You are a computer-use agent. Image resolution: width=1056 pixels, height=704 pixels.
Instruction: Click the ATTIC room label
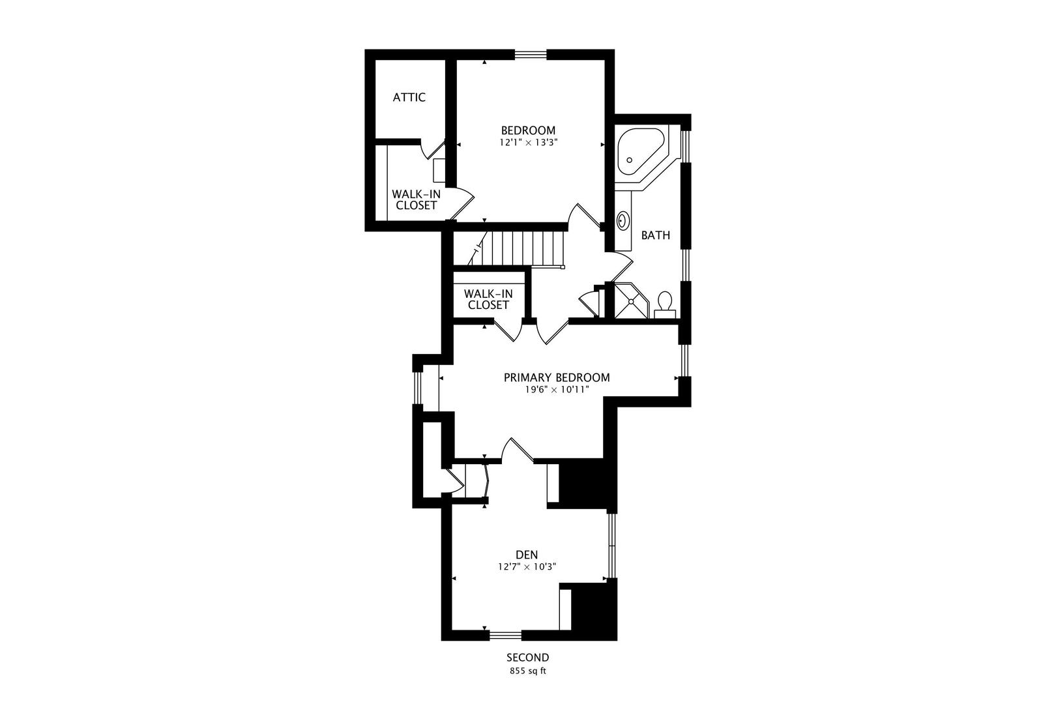coord(409,97)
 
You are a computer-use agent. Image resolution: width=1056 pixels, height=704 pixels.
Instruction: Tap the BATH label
coord(655,235)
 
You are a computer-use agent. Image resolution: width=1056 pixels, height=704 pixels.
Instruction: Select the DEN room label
coord(527,555)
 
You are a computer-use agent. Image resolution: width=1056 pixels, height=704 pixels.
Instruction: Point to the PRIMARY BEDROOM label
coord(557,377)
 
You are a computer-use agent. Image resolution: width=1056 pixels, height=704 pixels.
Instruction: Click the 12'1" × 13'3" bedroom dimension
coord(529,142)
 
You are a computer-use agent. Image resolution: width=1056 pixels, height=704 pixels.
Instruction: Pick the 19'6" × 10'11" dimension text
coord(558,390)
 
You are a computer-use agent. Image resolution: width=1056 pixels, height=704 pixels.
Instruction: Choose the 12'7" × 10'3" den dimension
coord(527,566)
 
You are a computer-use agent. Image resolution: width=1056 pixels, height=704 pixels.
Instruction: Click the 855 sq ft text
coord(528,671)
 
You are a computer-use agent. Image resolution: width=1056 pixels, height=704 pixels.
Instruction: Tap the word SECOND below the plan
coord(527,657)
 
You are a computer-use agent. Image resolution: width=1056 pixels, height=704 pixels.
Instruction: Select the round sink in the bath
coord(623,220)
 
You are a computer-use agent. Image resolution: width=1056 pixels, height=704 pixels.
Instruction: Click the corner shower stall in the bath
coord(631,301)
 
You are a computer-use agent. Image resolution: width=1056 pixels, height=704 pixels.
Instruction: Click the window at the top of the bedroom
coord(531,55)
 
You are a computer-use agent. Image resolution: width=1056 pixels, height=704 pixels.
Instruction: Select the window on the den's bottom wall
coord(505,636)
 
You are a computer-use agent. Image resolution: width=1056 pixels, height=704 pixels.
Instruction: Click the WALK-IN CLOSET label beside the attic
coord(417,199)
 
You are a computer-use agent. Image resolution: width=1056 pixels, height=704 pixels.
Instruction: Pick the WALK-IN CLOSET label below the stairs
coord(488,299)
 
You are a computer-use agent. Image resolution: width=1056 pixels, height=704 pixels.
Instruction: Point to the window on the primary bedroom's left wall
coord(417,388)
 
